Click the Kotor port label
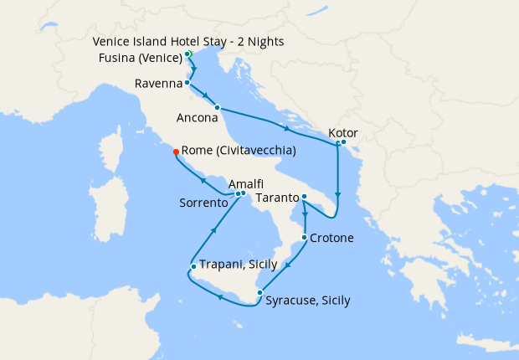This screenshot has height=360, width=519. [x=345, y=132]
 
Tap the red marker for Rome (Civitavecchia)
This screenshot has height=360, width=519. [x=176, y=152]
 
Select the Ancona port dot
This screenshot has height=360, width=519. [x=217, y=107]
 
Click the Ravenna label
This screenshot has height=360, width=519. [x=158, y=84]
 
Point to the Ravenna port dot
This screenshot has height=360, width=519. [x=187, y=83]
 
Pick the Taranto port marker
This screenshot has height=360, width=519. [x=304, y=197]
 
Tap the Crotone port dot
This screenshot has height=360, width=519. [x=304, y=238]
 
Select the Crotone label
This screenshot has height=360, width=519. [x=331, y=238]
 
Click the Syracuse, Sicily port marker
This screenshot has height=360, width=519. [x=259, y=292]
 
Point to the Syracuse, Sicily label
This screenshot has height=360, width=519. [x=307, y=301]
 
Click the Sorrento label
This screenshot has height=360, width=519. [x=203, y=203]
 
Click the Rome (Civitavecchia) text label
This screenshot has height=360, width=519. [x=239, y=152]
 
